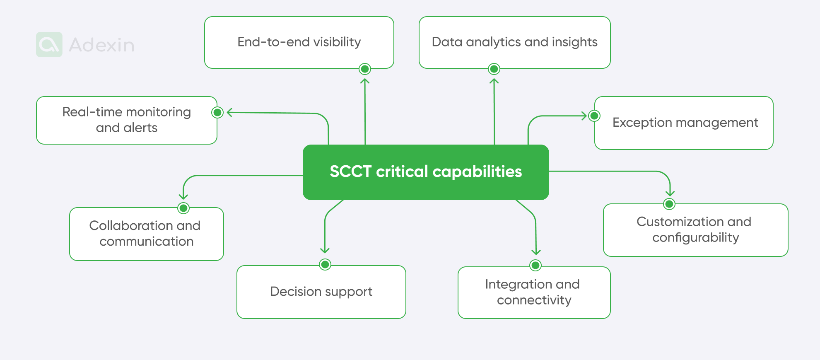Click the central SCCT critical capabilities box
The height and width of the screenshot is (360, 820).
[426, 172]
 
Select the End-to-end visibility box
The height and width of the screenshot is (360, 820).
[299, 42]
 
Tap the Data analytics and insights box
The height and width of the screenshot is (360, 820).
[515, 42]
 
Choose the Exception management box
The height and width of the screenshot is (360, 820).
[684, 123]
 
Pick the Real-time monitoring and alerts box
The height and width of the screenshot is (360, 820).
[127, 120]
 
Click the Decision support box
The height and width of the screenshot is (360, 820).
[321, 292]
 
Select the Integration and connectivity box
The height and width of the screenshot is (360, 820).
[534, 292]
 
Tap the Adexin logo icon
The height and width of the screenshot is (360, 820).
[49, 44]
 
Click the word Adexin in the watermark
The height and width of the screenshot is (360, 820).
[102, 45]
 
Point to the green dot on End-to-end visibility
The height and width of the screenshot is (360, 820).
[365, 69]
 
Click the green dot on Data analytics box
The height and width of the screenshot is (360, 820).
[494, 69]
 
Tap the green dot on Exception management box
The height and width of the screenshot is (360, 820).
[594, 116]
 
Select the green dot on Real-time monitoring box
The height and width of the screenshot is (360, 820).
[217, 112]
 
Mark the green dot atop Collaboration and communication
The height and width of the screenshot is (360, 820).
[183, 208]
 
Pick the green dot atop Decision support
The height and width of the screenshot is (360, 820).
[326, 264]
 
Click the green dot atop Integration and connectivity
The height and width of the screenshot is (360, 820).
[535, 265]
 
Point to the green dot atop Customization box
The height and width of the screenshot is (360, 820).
[669, 204]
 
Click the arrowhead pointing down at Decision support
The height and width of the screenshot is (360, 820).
[325, 250]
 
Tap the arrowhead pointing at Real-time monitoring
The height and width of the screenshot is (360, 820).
[230, 112]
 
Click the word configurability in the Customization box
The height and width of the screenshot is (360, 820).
[696, 238]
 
